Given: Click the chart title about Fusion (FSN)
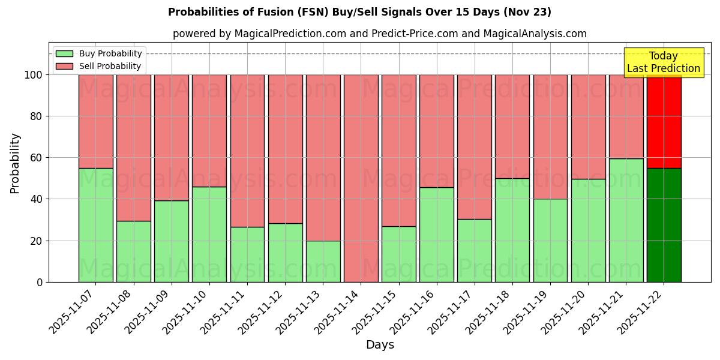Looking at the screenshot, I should click(359, 12).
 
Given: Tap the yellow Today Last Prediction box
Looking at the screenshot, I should click(663, 62).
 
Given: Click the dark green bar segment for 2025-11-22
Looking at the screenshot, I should click(664, 225).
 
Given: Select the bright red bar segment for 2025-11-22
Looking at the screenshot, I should click(664, 121).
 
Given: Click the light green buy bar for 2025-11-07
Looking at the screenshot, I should click(96, 225).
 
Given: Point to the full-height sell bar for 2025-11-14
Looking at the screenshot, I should click(361, 178).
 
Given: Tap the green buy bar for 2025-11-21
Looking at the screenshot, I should click(626, 220).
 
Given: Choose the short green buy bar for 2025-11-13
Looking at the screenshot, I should click(323, 262).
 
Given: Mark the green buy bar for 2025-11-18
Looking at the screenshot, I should click(512, 230).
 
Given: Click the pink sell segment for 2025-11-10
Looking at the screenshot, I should click(209, 130).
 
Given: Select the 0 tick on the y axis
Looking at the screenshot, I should click(40, 282).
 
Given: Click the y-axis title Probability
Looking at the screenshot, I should click(15, 163).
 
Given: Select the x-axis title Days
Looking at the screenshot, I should click(380, 345).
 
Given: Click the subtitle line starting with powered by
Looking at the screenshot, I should click(379, 34).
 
